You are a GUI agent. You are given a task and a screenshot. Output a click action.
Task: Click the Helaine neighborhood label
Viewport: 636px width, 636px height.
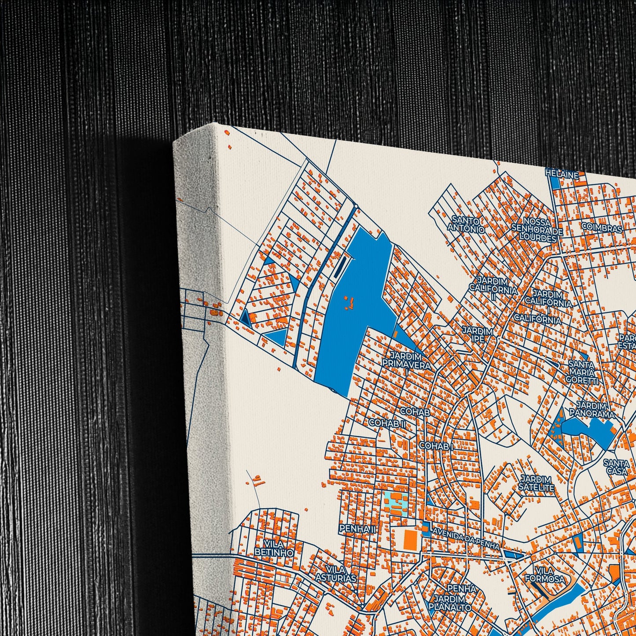(562, 174)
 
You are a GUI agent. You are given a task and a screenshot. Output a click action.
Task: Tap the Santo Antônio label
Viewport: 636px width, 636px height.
(466, 224)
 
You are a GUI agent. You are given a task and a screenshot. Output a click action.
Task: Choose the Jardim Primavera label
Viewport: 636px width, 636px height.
(406, 360)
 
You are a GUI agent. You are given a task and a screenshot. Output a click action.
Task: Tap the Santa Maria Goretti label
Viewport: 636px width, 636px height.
(582, 372)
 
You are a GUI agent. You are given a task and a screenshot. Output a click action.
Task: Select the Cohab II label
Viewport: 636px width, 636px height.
(387, 423)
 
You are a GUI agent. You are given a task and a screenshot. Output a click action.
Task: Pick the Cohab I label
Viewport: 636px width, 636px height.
(436, 446)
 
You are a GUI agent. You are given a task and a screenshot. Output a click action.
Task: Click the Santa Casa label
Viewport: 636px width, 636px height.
(616, 467)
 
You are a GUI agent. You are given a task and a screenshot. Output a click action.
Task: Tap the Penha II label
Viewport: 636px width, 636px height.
(357, 529)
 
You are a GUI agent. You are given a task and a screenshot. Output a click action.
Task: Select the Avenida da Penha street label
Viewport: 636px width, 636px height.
(466, 538)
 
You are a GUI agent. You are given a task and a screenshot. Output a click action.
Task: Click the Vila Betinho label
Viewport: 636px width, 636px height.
(274, 548)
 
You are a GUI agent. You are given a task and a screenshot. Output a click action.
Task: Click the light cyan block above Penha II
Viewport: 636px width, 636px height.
(395, 503)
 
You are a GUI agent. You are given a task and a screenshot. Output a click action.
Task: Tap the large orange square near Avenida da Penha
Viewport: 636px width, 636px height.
(410, 540)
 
